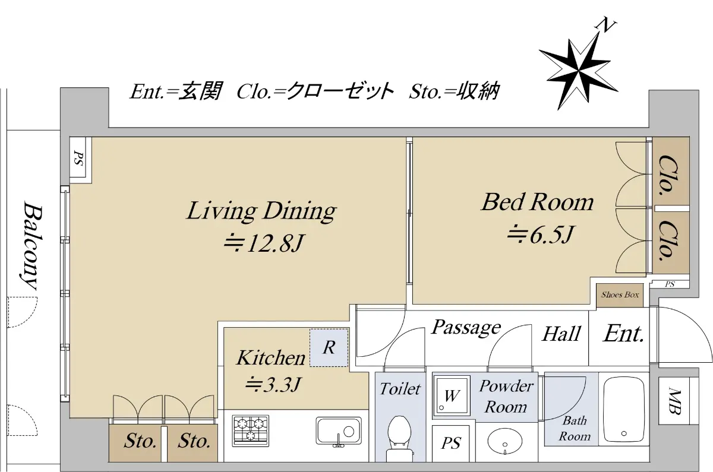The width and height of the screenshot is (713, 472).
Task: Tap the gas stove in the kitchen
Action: [251, 430]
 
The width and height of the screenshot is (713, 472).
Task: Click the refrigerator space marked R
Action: [329, 348]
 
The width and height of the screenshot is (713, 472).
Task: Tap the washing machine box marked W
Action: [452, 395]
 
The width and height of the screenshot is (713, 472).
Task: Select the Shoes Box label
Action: [620, 295]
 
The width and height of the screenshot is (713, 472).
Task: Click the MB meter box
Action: [674, 400]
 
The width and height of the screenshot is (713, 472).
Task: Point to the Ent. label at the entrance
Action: [623, 334]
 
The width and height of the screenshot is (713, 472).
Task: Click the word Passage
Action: [466, 327]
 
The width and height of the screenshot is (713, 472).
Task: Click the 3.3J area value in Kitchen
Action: [273, 384]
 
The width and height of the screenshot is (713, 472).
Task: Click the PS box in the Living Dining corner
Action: [81, 160]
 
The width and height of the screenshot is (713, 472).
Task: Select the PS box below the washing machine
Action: [451, 443]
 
